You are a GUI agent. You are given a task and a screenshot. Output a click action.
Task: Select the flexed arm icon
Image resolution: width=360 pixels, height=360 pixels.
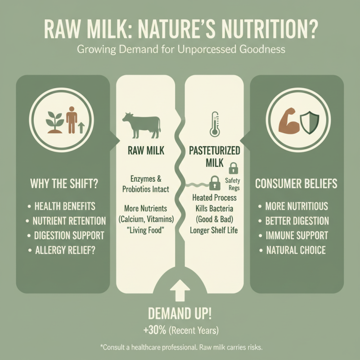[288, 120]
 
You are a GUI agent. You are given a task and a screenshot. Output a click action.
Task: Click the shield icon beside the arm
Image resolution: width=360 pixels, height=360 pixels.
[310, 121]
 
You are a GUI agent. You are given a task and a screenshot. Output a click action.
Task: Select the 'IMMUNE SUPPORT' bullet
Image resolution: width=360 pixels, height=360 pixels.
[296, 235]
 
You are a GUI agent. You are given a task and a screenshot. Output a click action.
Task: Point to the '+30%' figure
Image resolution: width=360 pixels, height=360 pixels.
[153, 330]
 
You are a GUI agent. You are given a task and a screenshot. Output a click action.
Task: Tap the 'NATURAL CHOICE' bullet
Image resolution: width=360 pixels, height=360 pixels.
[295, 250]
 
